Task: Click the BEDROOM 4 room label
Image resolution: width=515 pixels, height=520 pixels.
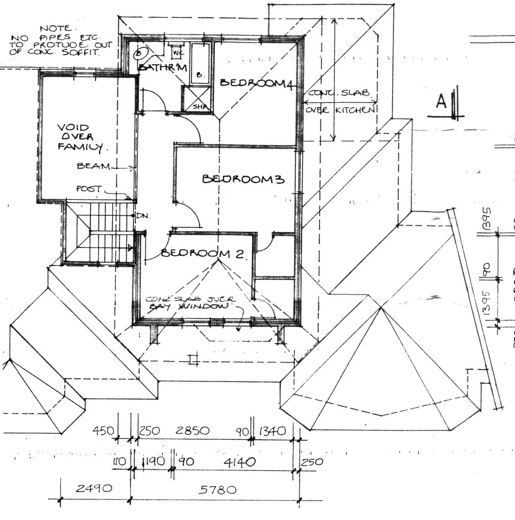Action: pyautogui.click(x=256, y=83)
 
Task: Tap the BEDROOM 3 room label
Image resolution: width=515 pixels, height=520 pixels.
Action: pyautogui.click(x=243, y=179)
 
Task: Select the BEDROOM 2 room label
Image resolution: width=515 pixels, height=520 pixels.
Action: pyautogui.click(x=204, y=253)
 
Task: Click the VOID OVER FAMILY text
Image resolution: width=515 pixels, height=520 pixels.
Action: pyautogui.click(x=79, y=137)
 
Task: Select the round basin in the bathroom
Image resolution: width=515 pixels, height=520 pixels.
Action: pyautogui.click(x=139, y=54)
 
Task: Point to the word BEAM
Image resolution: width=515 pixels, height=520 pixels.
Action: pyautogui.click(x=93, y=166)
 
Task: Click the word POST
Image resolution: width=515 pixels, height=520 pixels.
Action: pyautogui.click(x=89, y=189)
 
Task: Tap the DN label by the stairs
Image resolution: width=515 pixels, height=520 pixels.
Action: pyautogui.click(x=142, y=216)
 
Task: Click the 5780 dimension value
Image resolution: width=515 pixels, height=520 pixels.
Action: pyautogui.click(x=217, y=489)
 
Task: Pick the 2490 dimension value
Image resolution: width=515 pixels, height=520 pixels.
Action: pyautogui.click(x=94, y=488)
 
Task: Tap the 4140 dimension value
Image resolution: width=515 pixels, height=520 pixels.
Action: pyautogui.click(x=240, y=463)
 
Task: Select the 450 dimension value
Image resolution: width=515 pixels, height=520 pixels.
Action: pyautogui.click(x=103, y=430)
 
